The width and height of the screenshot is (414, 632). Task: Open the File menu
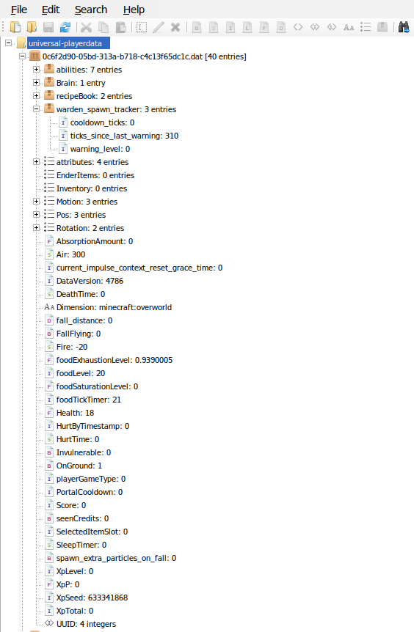click(19, 10)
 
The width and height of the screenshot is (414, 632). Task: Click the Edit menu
click(51, 10)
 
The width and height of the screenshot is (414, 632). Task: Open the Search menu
click(91, 10)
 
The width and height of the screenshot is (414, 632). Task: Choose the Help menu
click(134, 10)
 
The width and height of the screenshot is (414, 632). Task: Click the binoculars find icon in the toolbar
click(404, 27)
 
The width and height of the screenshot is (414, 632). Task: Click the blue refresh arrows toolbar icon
click(65, 27)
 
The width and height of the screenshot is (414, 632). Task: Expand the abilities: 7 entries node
click(36, 70)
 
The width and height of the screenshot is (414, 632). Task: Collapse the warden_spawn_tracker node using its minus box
click(36, 109)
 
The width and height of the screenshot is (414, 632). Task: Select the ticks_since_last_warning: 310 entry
click(124, 136)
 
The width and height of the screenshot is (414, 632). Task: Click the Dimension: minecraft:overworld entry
click(114, 307)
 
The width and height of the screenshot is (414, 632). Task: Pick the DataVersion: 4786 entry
click(90, 281)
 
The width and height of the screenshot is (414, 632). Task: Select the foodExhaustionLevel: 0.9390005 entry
click(115, 360)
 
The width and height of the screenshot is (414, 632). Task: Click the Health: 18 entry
click(75, 413)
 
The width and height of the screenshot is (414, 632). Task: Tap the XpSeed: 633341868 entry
click(92, 598)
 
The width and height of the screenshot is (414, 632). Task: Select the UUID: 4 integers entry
click(86, 625)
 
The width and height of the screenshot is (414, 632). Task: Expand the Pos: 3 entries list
click(36, 215)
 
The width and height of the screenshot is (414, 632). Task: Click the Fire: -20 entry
click(72, 347)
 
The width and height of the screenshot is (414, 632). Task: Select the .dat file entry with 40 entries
click(144, 56)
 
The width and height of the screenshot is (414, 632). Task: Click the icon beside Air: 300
click(49, 254)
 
